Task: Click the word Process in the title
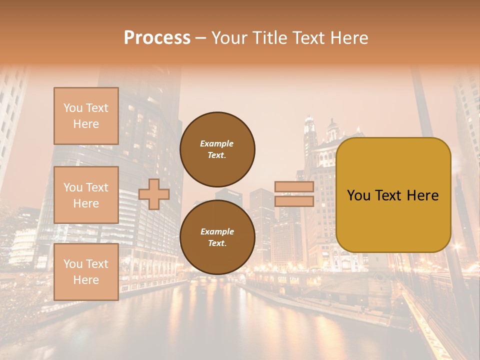tap(157, 37)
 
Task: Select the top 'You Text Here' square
tap(86, 116)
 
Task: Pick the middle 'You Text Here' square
tap(86, 195)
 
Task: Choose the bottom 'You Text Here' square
tap(86, 272)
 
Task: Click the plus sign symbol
tap(154, 194)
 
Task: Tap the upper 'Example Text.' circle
tap(217, 149)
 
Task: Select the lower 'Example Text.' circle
tap(217, 237)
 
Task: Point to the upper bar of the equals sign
tap(294, 187)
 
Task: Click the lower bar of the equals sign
tap(294, 201)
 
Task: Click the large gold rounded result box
tap(393, 220)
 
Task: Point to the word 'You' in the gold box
tap(358, 195)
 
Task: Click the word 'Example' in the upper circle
tap(217, 143)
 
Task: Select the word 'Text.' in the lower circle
tap(217, 243)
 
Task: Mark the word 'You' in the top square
tap(73, 108)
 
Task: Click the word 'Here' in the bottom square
tap(86, 280)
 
